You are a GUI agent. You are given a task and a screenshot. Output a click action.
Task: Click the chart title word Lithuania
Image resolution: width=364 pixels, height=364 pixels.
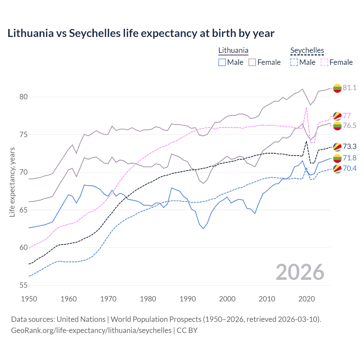pyautogui.click(x=30, y=33)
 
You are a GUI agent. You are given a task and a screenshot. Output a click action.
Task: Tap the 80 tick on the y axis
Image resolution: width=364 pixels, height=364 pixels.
pyautogui.click(x=24, y=97)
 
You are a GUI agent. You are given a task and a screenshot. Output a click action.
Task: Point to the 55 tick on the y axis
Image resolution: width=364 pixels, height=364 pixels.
pyautogui.click(x=24, y=285)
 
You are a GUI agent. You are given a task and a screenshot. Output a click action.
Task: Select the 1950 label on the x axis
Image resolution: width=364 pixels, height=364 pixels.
pyautogui.click(x=29, y=299)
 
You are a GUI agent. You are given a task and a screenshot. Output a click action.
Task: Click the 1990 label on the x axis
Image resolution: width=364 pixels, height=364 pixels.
pyautogui.click(x=188, y=299)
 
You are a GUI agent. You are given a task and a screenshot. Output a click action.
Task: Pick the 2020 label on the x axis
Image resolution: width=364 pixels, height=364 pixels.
pyautogui.click(x=307, y=299)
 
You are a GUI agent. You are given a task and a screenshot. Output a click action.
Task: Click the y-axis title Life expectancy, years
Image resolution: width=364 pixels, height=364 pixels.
pyautogui.click(x=12, y=182)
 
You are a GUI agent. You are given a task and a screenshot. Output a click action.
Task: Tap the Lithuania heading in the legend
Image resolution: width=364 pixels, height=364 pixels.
pyautogui.click(x=233, y=50)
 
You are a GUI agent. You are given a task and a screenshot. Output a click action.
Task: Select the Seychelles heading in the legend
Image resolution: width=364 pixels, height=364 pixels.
pyautogui.click(x=307, y=50)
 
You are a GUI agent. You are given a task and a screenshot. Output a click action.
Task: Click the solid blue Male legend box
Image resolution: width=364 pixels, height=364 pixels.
pyautogui.click(x=222, y=62)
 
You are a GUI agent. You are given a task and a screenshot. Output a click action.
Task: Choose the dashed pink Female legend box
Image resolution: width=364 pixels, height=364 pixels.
pyautogui.click(x=324, y=62)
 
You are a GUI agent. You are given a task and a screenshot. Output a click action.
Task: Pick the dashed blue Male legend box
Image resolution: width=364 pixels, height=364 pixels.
pyautogui.click(x=294, y=62)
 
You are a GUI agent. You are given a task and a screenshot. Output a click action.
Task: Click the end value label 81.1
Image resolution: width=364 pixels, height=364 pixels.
pyautogui.click(x=349, y=88)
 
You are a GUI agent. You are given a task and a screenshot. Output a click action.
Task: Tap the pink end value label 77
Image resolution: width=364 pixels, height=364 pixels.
pyautogui.click(x=347, y=115)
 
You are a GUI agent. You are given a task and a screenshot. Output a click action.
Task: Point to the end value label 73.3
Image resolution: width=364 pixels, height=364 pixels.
pyautogui.click(x=349, y=146)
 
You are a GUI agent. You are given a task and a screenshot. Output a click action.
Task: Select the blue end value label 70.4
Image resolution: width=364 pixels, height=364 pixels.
pyautogui.click(x=349, y=168)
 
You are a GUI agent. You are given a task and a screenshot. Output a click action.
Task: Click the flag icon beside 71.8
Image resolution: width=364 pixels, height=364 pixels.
pyautogui.click(x=337, y=158)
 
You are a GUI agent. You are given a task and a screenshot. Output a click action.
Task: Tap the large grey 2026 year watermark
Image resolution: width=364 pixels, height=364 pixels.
pyautogui.click(x=300, y=272)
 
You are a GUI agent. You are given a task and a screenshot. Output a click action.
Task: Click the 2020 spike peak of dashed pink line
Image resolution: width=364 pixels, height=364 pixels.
pyautogui.click(x=306, y=107)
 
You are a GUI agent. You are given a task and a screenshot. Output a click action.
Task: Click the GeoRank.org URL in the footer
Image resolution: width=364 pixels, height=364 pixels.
pyautogui.click(x=91, y=330)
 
